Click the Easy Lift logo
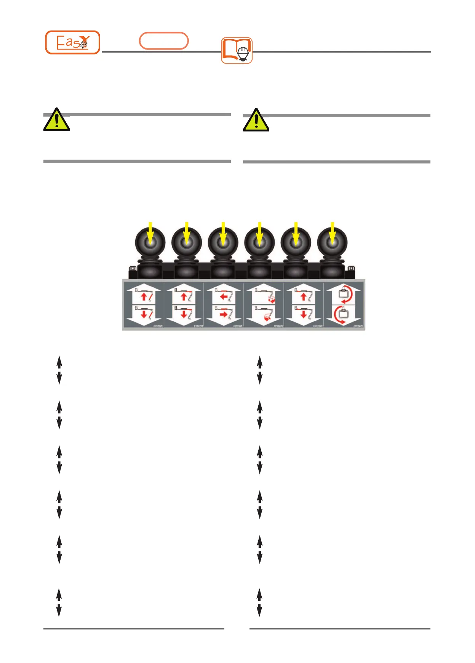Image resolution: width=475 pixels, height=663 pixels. tap(72, 42)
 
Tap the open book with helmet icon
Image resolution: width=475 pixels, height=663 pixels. tap(237, 50)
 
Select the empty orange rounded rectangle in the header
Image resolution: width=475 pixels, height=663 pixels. tap(164, 41)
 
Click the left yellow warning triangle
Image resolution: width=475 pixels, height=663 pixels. tap(56, 120)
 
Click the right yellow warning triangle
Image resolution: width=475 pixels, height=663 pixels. tap(256, 120)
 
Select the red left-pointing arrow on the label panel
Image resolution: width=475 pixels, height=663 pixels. tap(224, 296)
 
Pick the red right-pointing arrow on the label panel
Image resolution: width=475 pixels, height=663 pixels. tap(224, 314)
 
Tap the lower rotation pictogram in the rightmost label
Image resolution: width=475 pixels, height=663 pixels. tap(343, 315)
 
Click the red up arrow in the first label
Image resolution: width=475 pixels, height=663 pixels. tap(144, 296)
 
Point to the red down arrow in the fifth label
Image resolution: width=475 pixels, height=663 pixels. tap(304, 314)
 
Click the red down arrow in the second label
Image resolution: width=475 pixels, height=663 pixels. tap(184, 314)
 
